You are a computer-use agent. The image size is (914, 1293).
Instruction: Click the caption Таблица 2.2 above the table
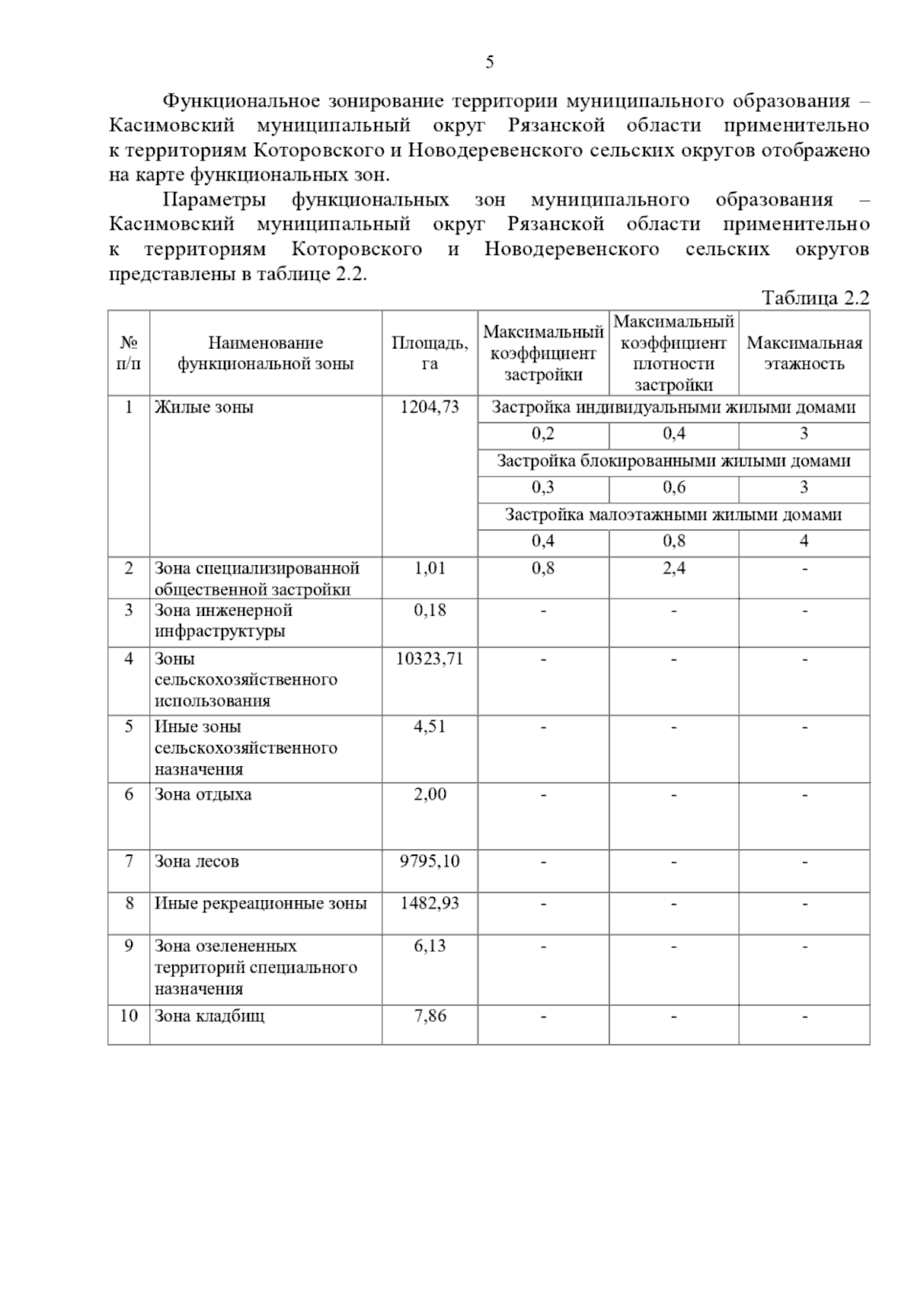pyautogui.click(x=815, y=299)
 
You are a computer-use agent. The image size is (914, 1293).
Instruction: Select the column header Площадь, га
pyautogui.click(x=430, y=353)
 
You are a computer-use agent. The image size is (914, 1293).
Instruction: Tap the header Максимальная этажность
pyautogui.click(x=804, y=353)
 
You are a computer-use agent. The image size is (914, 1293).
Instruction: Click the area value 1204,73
pyautogui.click(x=430, y=407)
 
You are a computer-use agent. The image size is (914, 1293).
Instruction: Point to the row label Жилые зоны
pyautogui.click(x=204, y=407)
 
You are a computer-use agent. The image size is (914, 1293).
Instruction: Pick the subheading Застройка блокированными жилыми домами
pyautogui.click(x=673, y=461)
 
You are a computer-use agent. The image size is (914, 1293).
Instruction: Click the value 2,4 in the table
pyautogui.click(x=673, y=568)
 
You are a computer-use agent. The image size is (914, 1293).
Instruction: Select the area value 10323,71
pyautogui.click(x=430, y=659)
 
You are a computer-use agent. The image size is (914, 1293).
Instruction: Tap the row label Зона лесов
pyautogui.click(x=197, y=862)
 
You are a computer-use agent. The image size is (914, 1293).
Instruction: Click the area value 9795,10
pyautogui.click(x=430, y=862)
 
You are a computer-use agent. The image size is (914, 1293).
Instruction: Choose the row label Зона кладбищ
pyautogui.click(x=209, y=1016)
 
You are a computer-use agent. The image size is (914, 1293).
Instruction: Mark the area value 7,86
pyautogui.click(x=430, y=1016)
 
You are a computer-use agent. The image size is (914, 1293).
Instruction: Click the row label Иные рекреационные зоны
pyautogui.click(x=260, y=904)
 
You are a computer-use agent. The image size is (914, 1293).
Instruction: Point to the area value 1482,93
pyautogui.click(x=430, y=904)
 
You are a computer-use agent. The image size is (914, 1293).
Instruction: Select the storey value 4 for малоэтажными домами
pyautogui.click(x=804, y=541)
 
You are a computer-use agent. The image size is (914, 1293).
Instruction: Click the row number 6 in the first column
pyautogui.click(x=129, y=795)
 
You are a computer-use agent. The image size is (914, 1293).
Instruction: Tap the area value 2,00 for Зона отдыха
pyautogui.click(x=430, y=795)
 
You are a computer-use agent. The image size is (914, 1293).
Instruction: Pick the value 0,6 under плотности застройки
pyautogui.click(x=673, y=488)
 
